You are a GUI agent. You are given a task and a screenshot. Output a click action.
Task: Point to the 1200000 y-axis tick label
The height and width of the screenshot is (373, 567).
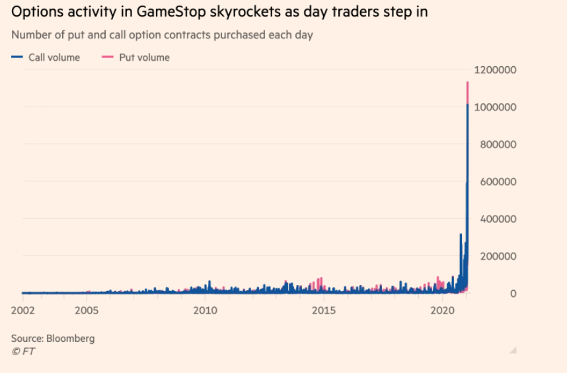[x=495, y=70]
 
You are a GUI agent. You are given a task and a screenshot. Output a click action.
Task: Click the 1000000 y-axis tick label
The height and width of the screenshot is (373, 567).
[x=495, y=107]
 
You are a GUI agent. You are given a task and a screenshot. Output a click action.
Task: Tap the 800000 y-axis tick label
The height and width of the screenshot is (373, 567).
[x=498, y=144]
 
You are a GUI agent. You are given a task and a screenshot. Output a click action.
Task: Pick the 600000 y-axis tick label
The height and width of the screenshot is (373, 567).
[x=498, y=182]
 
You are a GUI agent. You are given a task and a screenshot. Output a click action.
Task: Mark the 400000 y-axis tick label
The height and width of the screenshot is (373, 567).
[x=498, y=219]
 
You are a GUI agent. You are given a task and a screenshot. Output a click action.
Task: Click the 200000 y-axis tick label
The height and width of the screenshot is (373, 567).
[x=498, y=256]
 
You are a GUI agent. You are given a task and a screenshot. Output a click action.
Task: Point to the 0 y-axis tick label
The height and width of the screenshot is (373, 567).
[x=512, y=294]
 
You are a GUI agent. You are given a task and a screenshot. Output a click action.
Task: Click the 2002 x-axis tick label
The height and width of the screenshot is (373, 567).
[x=22, y=310]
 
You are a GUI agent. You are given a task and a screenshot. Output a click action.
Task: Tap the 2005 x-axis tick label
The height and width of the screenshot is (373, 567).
[x=87, y=310]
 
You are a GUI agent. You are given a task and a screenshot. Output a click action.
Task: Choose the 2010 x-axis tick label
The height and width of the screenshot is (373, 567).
[x=205, y=310]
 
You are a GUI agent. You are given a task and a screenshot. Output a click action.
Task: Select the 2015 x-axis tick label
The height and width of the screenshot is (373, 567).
[x=323, y=310]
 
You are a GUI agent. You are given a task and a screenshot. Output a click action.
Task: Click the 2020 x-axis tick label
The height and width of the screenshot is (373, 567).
[x=442, y=310]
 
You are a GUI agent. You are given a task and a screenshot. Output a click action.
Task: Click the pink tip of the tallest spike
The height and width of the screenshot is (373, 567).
[x=467, y=91]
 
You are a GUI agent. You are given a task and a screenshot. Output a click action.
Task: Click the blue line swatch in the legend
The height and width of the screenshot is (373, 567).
[x=17, y=58]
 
